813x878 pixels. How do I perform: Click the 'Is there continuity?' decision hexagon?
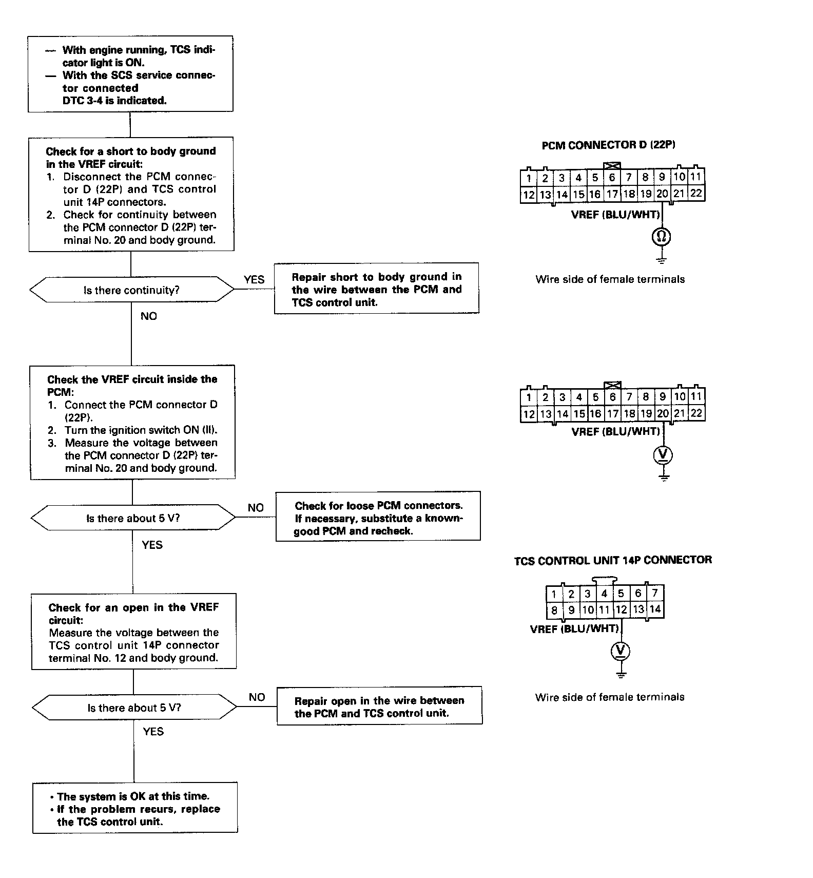click(131, 290)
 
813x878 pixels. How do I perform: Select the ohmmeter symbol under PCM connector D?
click(662, 237)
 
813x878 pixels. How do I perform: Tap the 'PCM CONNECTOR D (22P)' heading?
click(608, 145)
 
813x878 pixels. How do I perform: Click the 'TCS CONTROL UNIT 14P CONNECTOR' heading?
click(613, 560)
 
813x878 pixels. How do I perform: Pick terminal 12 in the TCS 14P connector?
click(621, 610)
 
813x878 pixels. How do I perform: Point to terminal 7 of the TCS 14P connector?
click(655, 594)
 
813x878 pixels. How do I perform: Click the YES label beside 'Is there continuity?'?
click(254, 279)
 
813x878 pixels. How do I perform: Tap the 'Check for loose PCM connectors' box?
click(378, 518)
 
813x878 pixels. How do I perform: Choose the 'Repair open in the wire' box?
click(379, 707)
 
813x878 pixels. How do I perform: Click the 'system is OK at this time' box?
click(135, 808)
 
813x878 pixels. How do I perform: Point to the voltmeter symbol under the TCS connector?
click(621, 651)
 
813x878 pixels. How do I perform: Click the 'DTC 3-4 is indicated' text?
click(114, 101)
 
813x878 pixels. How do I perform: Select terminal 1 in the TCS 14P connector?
click(554, 594)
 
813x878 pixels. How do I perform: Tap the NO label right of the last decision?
click(257, 697)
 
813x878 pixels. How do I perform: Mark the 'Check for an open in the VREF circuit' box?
click(133, 632)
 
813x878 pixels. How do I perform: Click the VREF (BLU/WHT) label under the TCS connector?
click(574, 629)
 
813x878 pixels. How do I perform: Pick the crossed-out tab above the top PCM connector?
click(612, 166)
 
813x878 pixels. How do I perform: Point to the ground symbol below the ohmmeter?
click(662, 259)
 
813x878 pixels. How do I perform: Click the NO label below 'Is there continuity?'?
click(148, 316)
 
